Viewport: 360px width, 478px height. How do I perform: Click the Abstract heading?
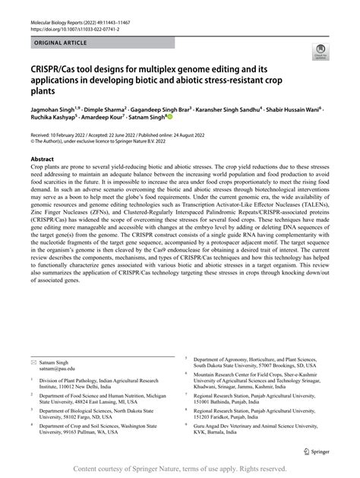43,161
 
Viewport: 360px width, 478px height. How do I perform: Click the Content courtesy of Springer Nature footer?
180,470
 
